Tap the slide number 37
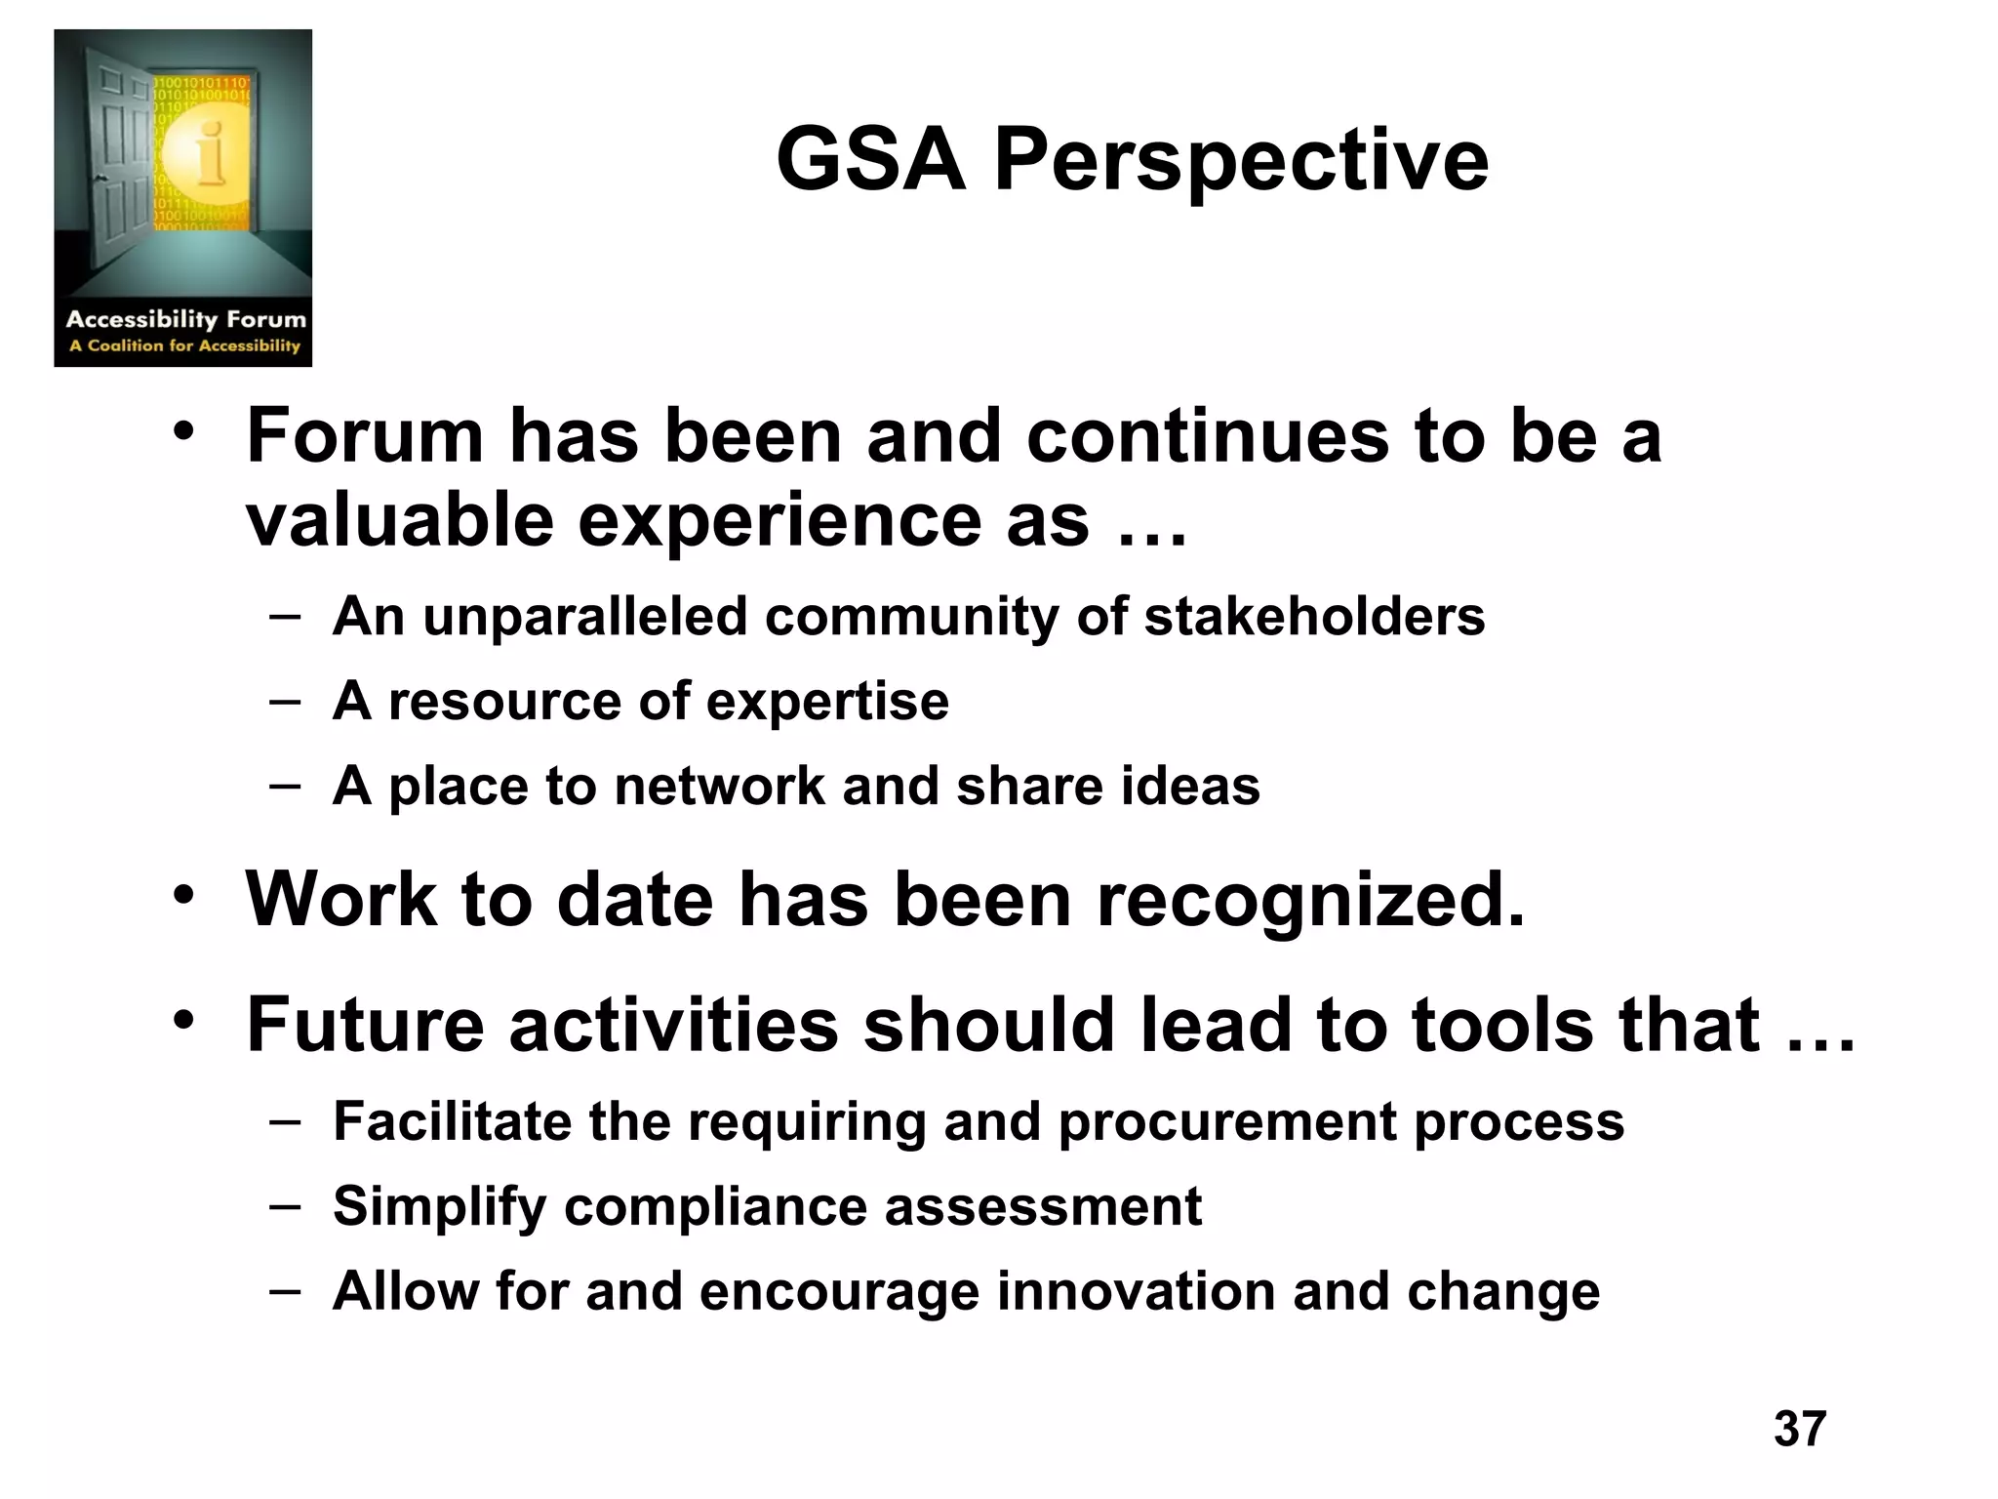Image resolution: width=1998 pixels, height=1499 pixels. tap(1800, 1429)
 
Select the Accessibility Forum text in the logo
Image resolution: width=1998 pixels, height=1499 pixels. tap(185, 319)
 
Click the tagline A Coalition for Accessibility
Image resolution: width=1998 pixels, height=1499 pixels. tap(184, 345)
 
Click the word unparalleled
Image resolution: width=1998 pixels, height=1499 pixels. tap(584, 617)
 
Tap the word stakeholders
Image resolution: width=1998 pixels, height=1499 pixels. tap(1314, 617)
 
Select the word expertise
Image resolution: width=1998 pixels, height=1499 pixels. tap(826, 702)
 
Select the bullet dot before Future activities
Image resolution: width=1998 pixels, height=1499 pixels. tap(184, 1021)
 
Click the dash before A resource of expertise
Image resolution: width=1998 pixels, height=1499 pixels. tap(285, 702)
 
